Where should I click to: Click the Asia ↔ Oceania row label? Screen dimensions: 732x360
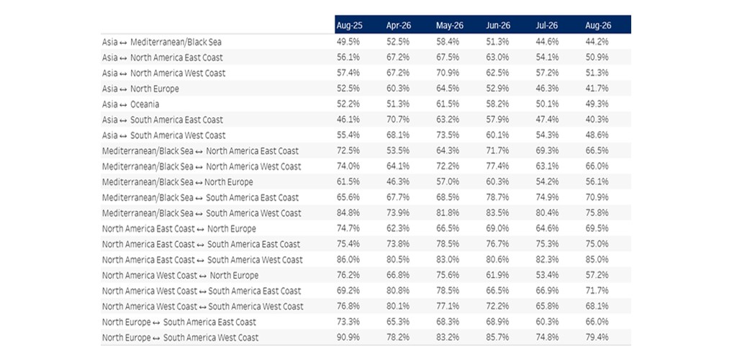pyautogui.click(x=131, y=104)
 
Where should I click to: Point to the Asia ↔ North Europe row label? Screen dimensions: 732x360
pyautogui.click(x=140, y=89)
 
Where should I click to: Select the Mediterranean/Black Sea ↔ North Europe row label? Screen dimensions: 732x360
pyautogui.click(x=177, y=182)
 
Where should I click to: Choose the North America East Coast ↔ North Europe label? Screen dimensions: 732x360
pyautogui.click(x=179, y=229)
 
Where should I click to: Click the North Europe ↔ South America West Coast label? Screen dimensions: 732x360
pyautogui.click(x=180, y=338)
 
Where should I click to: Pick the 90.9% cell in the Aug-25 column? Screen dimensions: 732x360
pyautogui.click(x=348, y=338)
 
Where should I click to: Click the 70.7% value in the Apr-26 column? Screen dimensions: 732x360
pyautogui.click(x=398, y=120)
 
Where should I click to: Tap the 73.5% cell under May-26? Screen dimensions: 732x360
pyautogui.click(x=448, y=135)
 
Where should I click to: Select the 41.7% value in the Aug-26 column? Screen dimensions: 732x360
pyautogui.click(x=597, y=89)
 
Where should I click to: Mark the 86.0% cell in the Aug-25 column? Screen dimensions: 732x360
pyautogui.click(x=348, y=260)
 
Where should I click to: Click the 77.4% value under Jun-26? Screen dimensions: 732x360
pyautogui.click(x=497, y=166)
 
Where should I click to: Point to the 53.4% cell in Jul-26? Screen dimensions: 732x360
pyautogui.click(x=548, y=276)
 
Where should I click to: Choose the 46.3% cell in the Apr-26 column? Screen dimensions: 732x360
pyautogui.click(x=398, y=182)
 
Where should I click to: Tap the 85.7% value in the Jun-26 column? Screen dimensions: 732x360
pyautogui.click(x=497, y=338)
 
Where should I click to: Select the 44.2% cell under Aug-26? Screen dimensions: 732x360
pyautogui.click(x=597, y=42)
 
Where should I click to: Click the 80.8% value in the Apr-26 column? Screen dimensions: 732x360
pyautogui.click(x=398, y=291)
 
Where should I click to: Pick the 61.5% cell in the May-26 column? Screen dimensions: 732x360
pyautogui.click(x=448, y=104)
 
